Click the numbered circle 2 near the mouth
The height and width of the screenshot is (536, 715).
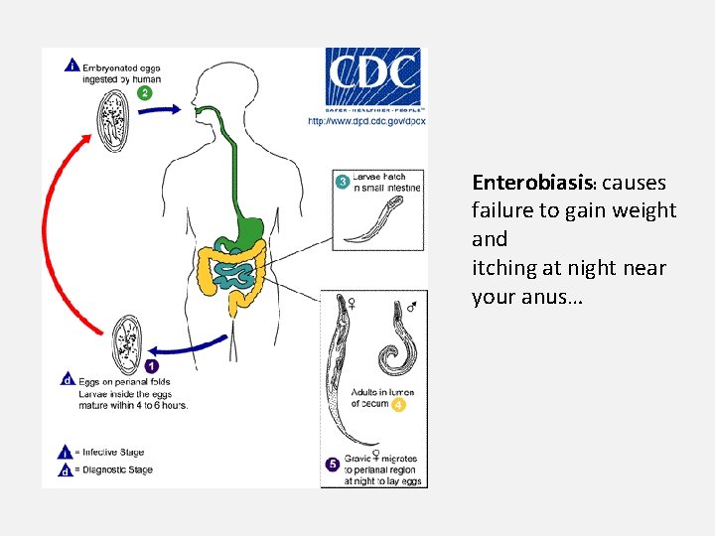pos(145,93)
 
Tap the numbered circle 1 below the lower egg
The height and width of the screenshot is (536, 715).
pos(150,366)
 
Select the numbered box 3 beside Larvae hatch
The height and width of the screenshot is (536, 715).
pos(342,182)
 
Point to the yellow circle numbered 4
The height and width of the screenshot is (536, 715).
pos(397,405)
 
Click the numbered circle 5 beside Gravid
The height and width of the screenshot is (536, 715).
pos(333,464)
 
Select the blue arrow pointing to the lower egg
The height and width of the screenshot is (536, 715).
pos(195,348)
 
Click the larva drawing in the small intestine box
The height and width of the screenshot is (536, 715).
pos(373,219)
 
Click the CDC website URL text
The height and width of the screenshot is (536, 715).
pos(366,120)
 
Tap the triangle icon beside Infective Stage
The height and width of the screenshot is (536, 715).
pos(65,452)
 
